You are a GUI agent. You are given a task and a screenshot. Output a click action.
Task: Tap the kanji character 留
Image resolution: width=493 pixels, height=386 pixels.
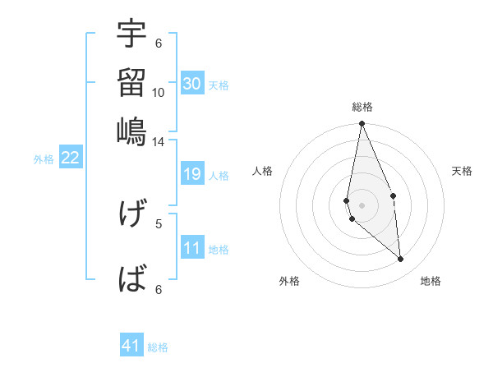pos(131,82)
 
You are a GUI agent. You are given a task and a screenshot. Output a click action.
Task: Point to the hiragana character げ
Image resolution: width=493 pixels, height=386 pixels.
pos(131,214)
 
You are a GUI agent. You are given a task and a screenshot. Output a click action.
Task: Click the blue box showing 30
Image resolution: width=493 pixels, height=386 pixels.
pos(192,84)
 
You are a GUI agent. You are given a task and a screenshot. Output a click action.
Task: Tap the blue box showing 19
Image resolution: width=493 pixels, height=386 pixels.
pos(192,174)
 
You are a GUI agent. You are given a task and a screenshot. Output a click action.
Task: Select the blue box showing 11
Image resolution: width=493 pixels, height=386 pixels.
pos(192,248)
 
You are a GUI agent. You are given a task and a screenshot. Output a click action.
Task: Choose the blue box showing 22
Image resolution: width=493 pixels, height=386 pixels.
pos(71,158)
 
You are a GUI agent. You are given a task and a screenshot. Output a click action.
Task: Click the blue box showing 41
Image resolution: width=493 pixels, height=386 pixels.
pos(132,346)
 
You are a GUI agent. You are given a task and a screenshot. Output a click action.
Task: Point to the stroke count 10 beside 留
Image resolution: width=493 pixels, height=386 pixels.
pos(159,92)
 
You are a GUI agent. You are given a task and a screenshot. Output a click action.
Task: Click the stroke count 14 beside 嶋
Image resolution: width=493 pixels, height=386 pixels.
pos(159,141)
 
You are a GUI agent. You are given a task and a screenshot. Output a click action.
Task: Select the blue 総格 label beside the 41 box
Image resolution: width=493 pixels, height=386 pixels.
pos(158,347)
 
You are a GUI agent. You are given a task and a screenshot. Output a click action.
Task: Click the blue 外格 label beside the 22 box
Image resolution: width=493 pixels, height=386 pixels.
pos(43,159)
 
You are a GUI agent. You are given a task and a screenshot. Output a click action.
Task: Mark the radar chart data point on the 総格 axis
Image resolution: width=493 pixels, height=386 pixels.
pos(362,124)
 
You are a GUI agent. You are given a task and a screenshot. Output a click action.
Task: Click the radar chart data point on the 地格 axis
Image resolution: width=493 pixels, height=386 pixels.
pos(401,259)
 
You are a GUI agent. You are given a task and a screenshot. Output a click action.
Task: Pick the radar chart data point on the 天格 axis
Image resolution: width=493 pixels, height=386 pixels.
pos(394,195)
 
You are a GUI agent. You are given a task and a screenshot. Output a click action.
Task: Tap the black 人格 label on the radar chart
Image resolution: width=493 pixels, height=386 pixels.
pos(263,171)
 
